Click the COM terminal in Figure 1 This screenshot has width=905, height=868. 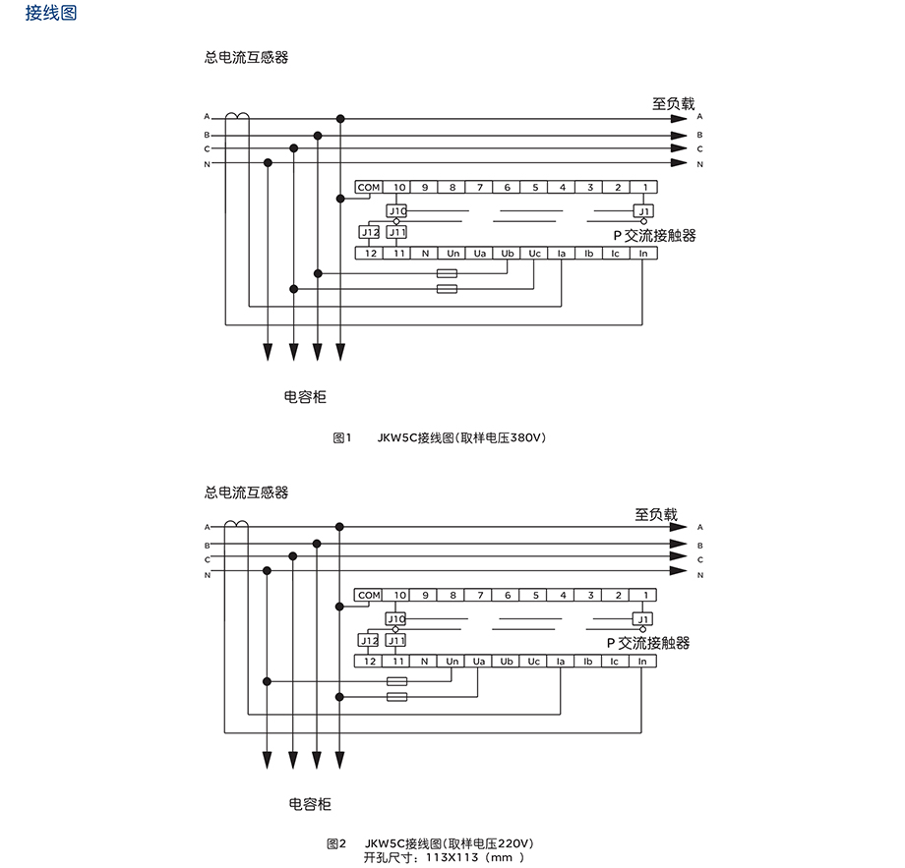(x=369, y=187)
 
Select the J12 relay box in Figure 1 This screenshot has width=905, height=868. (x=369, y=232)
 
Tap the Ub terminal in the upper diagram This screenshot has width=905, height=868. (x=508, y=253)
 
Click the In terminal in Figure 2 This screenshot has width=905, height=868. (x=642, y=662)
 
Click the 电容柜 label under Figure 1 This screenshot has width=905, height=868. (x=305, y=397)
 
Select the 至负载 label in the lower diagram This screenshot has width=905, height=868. (x=656, y=514)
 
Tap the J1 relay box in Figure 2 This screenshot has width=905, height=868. (x=643, y=619)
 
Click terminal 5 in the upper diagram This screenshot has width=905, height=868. (x=535, y=187)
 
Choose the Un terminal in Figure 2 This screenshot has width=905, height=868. (x=452, y=662)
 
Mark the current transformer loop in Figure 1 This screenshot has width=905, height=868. (x=237, y=116)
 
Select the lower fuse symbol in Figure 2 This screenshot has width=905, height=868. (x=397, y=697)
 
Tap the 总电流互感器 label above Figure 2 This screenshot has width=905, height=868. (x=247, y=492)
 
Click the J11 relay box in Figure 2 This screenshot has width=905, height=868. (x=396, y=641)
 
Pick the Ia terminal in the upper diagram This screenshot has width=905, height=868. (x=561, y=253)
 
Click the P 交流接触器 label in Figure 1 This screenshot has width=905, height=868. (x=654, y=235)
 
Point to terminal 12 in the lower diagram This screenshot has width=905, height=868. (x=369, y=662)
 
